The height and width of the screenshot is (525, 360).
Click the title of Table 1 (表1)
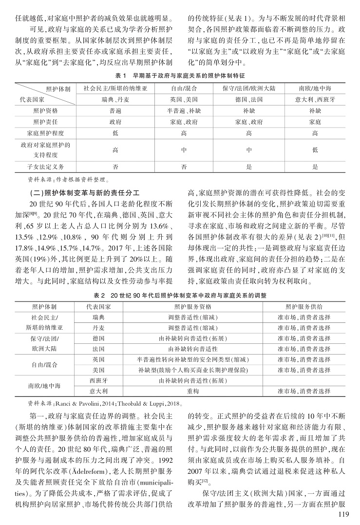pos(180,76)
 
